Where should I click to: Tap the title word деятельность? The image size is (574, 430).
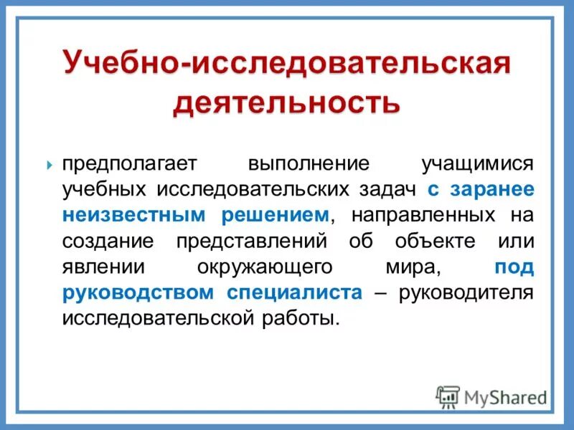click(x=286, y=102)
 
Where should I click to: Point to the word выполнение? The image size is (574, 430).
click(x=309, y=163)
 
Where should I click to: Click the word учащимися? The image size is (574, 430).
click(x=478, y=163)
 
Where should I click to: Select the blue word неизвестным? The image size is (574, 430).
click(x=133, y=215)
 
